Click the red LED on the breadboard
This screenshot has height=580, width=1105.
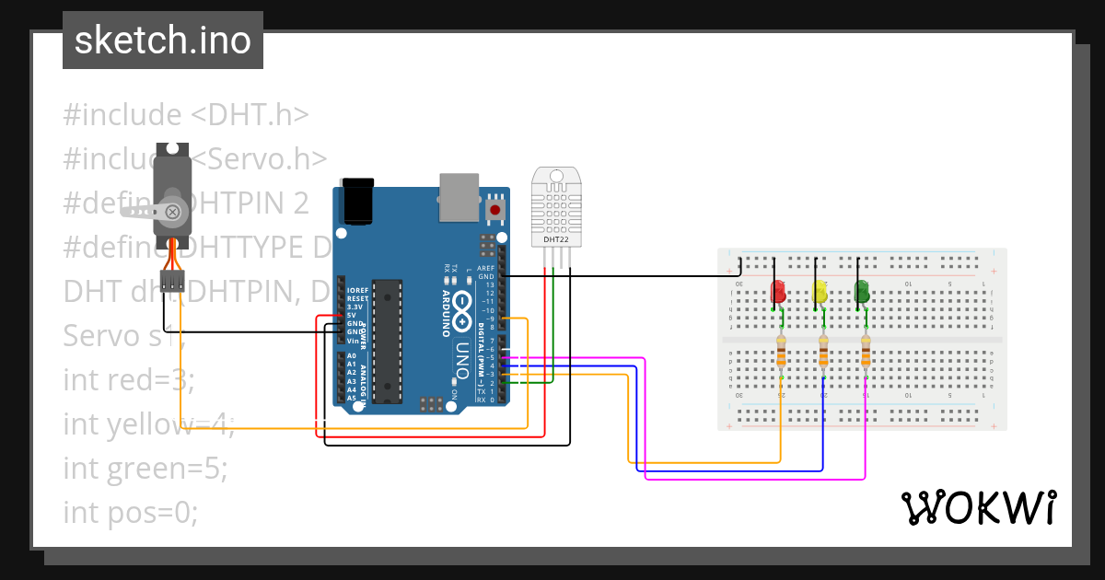pos(778,293)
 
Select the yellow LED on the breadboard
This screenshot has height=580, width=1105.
pos(820,293)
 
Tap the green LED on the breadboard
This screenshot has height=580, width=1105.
pos(863,292)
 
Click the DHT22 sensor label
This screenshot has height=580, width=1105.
pos(556,240)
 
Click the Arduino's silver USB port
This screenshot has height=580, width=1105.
pos(459,198)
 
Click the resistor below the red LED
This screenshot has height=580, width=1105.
pos(782,351)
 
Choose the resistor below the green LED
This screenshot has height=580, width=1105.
pos(866,351)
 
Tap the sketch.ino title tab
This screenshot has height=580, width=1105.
pos(163,41)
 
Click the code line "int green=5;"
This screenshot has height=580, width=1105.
pos(145,468)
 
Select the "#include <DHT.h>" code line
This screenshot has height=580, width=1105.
pos(185,115)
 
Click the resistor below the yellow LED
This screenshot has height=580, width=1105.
pos(824,351)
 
